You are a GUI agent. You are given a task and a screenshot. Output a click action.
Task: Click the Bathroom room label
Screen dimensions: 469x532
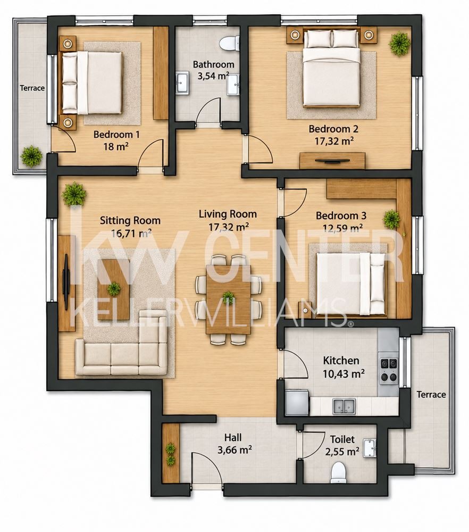(x=213, y=64)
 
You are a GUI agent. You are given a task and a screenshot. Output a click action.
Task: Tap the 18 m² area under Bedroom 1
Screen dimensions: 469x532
(x=116, y=147)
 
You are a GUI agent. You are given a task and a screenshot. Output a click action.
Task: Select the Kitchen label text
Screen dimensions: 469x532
(x=341, y=360)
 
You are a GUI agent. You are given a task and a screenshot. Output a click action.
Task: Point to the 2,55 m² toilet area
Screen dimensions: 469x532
(x=342, y=452)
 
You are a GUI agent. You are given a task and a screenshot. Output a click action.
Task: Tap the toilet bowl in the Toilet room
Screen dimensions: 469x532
(x=338, y=473)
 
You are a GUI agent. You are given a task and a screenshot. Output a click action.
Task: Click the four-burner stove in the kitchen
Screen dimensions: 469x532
(x=388, y=370)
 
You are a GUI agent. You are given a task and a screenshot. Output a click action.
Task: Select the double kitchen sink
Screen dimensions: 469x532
(x=344, y=406)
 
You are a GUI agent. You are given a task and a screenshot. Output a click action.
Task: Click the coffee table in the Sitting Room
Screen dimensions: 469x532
(x=114, y=289)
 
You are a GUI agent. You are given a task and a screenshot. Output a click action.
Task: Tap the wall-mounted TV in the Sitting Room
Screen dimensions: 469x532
(x=66, y=282)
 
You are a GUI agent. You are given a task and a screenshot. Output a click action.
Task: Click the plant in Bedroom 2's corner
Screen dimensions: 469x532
(x=399, y=44)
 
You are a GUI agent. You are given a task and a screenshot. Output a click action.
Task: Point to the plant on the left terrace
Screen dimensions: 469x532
(x=31, y=156)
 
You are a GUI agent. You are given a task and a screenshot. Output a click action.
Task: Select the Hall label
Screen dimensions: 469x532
(x=233, y=437)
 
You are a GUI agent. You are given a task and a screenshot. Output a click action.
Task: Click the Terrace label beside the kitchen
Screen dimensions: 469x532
(x=431, y=395)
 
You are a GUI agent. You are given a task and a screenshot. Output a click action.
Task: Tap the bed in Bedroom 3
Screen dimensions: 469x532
(x=351, y=284)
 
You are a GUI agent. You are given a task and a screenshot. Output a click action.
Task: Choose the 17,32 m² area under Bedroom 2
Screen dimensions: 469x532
(x=334, y=141)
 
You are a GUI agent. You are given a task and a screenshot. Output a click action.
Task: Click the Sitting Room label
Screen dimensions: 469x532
(x=130, y=221)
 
